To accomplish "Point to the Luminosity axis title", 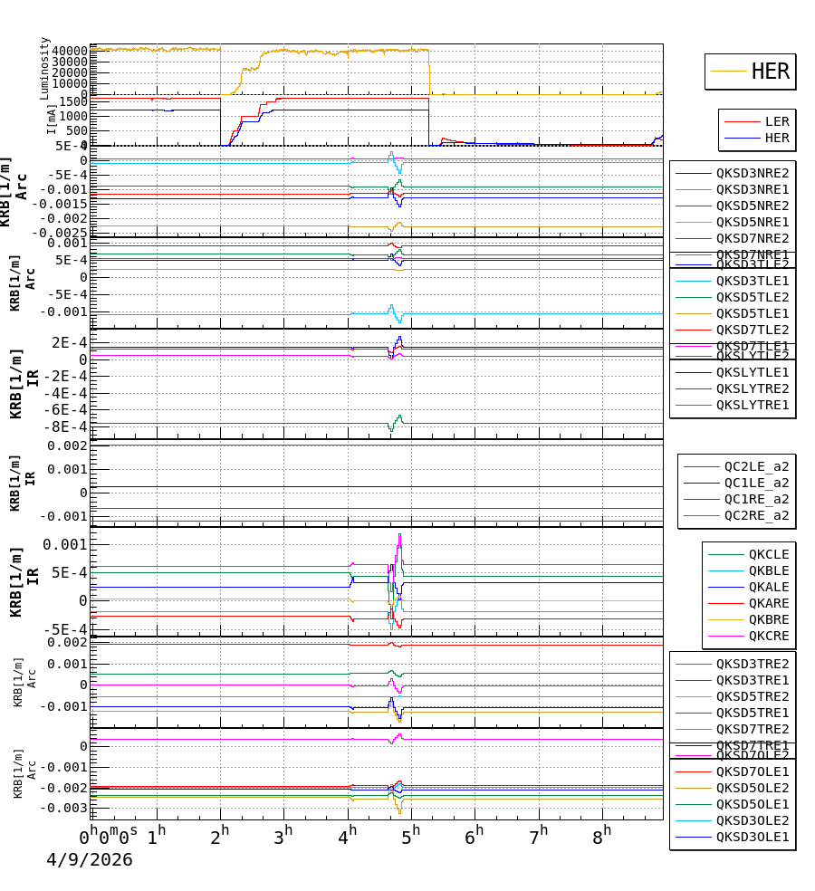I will (x=45, y=68).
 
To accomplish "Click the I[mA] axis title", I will (x=52, y=119).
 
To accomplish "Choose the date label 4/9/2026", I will (x=90, y=860).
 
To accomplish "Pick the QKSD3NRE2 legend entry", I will (x=753, y=173).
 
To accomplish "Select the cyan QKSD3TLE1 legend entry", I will (x=753, y=281).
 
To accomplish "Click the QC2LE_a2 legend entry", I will (x=756, y=466).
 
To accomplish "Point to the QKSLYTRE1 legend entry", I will (x=753, y=405).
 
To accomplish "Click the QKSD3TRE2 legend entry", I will (x=753, y=664).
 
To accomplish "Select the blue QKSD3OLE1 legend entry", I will (x=753, y=837).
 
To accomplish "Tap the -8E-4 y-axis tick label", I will (x=69, y=426).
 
